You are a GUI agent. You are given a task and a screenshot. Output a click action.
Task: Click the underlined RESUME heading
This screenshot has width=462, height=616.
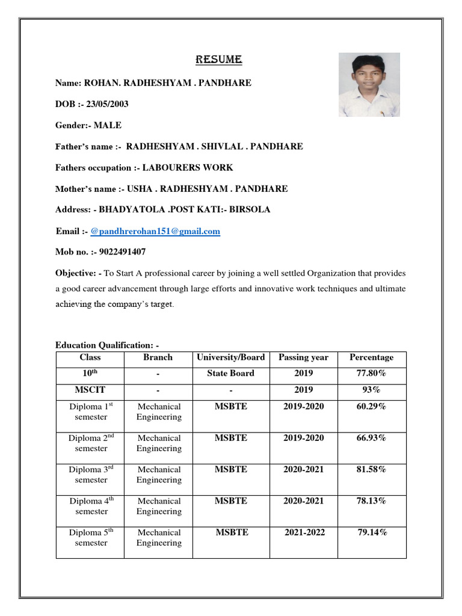click(218, 60)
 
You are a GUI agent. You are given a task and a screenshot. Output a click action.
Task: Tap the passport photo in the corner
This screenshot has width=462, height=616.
click(369, 85)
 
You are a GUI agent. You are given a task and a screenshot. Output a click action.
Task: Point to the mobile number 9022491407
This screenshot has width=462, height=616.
click(119, 252)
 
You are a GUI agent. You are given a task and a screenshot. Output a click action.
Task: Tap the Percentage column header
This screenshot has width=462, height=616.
click(371, 357)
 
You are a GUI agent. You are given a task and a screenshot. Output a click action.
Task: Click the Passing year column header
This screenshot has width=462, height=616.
click(303, 357)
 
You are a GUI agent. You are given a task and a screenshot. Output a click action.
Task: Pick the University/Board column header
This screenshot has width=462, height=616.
click(230, 357)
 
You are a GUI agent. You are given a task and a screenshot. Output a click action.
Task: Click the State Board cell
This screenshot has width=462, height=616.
click(230, 373)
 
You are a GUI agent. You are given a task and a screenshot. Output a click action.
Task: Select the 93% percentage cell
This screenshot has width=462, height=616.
click(371, 389)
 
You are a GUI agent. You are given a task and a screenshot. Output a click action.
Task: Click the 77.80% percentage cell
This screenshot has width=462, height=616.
click(371, 373)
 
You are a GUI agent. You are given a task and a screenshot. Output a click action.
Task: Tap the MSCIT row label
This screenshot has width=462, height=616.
click(90, 389)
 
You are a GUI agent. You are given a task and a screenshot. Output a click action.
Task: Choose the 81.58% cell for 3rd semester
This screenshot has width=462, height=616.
click(371, 469)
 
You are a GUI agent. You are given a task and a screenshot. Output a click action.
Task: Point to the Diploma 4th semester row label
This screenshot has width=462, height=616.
click(90, 506)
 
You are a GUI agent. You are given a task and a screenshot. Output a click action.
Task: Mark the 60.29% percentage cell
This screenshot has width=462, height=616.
click(371, 407)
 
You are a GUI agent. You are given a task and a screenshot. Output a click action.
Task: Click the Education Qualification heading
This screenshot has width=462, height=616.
click(106, 345)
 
